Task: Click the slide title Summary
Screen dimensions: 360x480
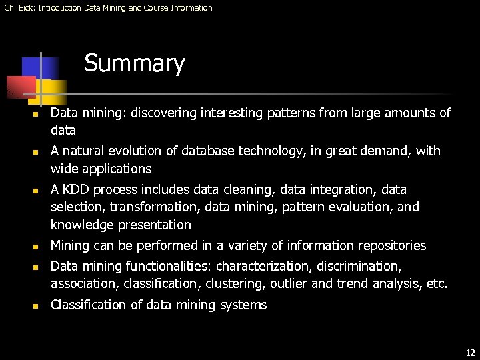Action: pyautogui.click(x=134, y=64)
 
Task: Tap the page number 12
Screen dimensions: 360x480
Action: pyautogui.click(x=470, y=353)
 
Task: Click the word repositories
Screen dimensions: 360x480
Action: pyautogui.click(x=390, y=245)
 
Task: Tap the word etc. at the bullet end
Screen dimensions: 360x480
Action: pyautogui.click(x=437, y=284)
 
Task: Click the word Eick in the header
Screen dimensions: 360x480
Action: pyautogui.click(x=25, y=8)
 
